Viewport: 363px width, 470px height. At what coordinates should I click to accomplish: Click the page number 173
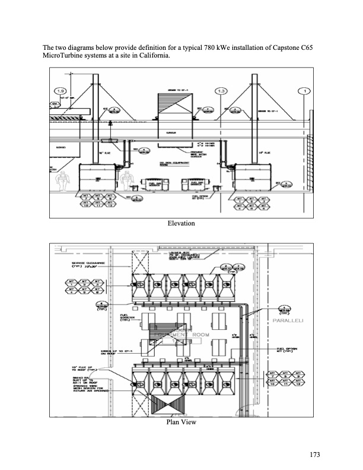(x=314, y=455)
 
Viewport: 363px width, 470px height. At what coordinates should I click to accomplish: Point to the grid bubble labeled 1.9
(x=60, y=91)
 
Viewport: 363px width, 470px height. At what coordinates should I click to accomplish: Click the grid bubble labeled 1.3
(x=221, y=91)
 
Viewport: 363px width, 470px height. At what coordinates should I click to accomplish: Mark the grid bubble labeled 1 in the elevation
(x=305, y=91)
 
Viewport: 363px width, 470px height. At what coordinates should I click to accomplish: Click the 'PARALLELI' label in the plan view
(x=288, y=320)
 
